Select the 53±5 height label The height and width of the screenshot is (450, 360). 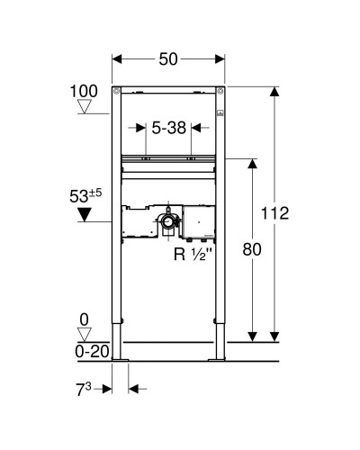pos(85,193)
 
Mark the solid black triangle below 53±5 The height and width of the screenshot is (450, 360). pos(85,214)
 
